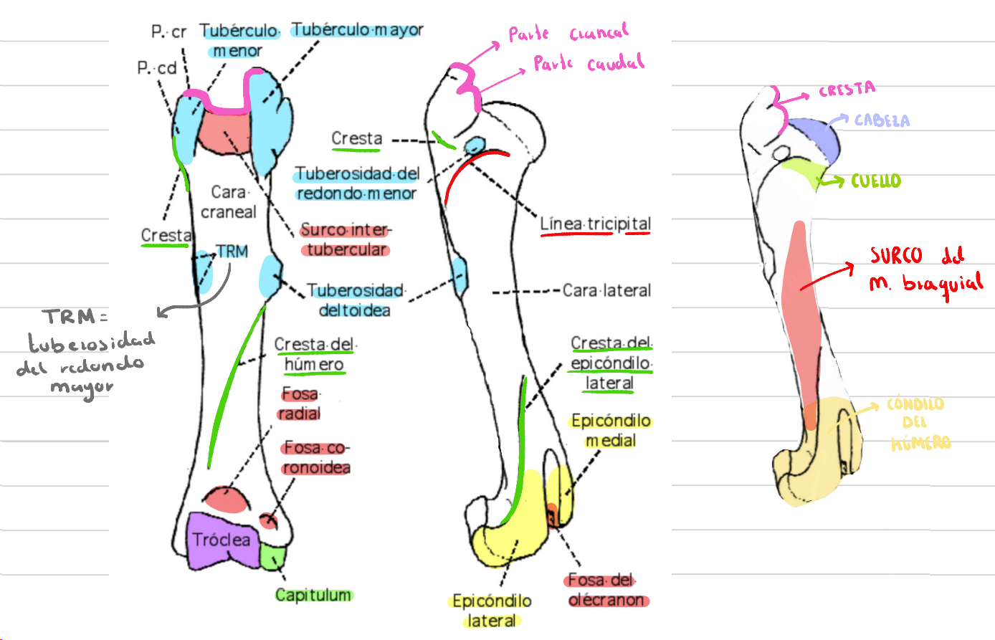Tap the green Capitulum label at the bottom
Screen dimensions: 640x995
(313, 595)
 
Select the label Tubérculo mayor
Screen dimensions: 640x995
(357, 30)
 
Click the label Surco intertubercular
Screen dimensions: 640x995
(346, 239)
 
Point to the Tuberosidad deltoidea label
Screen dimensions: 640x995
(355, 300)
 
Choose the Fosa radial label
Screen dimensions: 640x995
(300, 403)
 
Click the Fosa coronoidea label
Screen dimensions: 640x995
(316, 457)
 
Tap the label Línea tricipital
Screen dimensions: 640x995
(595, 224)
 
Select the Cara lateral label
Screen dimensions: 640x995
(606, 290)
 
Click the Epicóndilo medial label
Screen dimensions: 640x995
(611, 430)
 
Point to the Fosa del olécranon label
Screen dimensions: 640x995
(606, 590)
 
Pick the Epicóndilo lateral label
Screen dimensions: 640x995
(492, 611)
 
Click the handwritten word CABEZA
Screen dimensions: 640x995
(882, 120)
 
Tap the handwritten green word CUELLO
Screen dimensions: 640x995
(876, 181)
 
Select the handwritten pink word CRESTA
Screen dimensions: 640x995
(847, 90)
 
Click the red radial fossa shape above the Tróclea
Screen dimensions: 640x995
(224, 500)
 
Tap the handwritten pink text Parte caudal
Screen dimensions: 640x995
(589, 64)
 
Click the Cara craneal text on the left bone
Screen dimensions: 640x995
(229, 202)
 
